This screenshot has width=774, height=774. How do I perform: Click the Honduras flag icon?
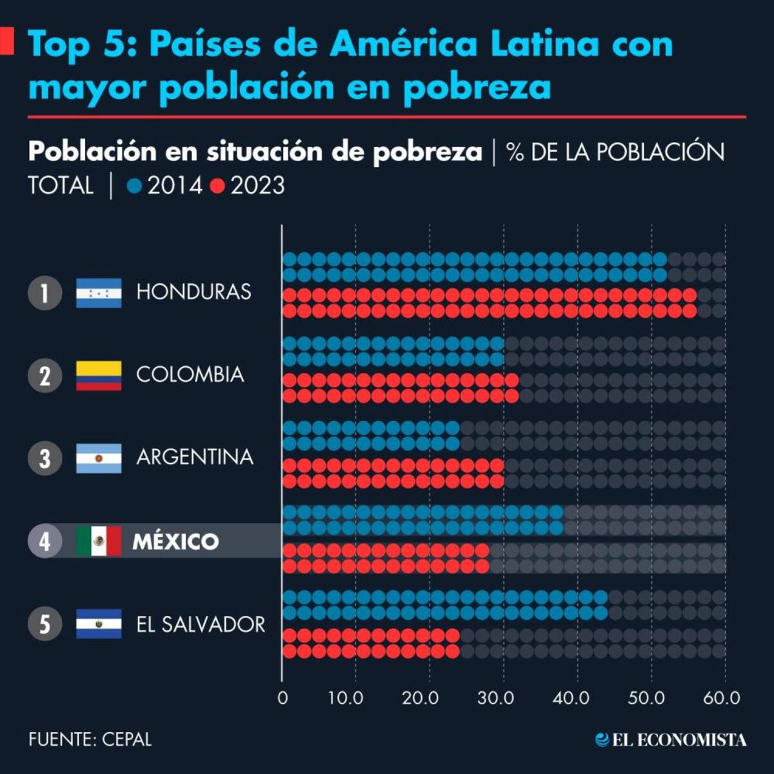click(99, 293)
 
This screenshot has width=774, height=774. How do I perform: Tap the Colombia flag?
click(99, 375)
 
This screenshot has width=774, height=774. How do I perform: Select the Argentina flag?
click(99, 459)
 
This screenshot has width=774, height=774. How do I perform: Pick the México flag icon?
click(99, 541)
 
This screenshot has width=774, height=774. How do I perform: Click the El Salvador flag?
click(99, 624)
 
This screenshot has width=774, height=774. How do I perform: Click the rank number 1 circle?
click(45, 293)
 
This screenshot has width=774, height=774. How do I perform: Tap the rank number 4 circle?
click(45, 541)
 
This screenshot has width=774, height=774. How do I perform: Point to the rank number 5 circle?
click(45, 624)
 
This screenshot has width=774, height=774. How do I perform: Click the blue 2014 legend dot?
click(135, 186)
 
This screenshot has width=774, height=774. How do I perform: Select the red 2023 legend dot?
click(217, 186)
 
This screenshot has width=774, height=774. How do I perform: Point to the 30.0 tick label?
click(495, 698)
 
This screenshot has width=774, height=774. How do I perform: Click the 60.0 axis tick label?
click(721, 698)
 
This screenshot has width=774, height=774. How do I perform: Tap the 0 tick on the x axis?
click(283, 698)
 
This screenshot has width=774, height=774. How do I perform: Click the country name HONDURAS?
click(193, 292)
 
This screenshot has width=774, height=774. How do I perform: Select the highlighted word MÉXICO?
click(175, 541)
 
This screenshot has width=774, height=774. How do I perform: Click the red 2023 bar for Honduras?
click(489, 303)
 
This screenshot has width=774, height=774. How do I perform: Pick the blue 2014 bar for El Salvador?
click(445, 604)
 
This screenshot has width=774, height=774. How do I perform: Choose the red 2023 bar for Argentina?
click(393, 473)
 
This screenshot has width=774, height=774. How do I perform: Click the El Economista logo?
click(671, 740)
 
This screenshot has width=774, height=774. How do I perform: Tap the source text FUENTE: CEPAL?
click(90, 739)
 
